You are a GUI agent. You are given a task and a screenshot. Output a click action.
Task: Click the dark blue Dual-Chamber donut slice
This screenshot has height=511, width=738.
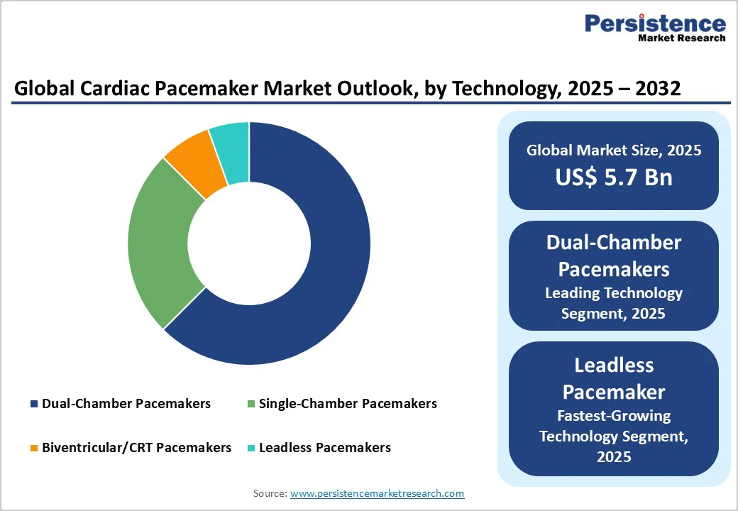(x=334, y=270)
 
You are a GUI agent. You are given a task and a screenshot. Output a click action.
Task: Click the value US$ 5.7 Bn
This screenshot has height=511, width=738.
(x=614, y=177)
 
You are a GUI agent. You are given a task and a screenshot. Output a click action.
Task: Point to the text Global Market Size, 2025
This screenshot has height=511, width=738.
(x=614, y=150)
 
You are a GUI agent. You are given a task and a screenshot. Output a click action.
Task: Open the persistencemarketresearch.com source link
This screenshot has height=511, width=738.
(x=377, y=493)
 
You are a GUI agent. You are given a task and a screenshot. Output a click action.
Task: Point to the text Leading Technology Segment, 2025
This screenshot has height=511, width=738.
(x=614, y=303)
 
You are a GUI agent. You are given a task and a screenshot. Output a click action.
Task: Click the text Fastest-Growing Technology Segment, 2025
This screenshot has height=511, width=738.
(x=614, y=436)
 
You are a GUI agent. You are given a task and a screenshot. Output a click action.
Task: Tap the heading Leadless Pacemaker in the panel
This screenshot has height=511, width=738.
(x=614, y=378)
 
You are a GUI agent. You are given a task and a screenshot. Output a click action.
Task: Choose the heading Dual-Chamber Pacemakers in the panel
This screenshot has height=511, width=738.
(x=614, y=255)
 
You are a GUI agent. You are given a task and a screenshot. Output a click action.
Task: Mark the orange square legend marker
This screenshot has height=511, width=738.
(x=34, y=449)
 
